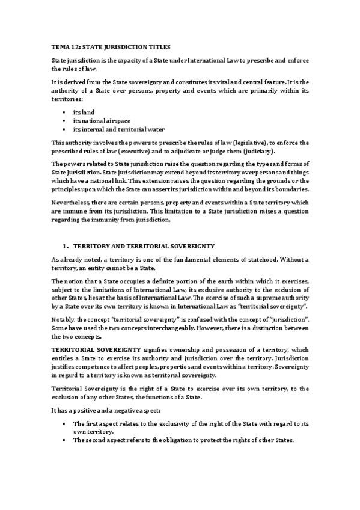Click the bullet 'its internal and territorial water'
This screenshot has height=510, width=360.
[x=118, y=129]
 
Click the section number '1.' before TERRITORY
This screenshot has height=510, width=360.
[x=66, y=247]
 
